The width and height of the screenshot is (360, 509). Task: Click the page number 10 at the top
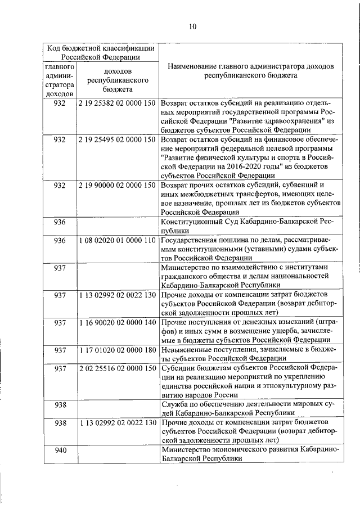192,26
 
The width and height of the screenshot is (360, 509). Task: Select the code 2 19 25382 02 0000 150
118,104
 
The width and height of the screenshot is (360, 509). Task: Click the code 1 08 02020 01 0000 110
118,240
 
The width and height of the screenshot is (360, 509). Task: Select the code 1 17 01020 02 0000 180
118,350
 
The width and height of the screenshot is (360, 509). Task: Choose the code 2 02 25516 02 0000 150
118,368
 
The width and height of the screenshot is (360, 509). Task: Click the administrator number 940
60,450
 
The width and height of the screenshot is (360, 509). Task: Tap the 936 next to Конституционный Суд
60,222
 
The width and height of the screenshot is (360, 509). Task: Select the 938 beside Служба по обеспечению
60,404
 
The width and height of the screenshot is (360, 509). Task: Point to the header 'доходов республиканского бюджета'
118,80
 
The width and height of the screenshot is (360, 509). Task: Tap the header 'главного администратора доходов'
60,80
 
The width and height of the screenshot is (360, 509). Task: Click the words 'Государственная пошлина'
203,240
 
